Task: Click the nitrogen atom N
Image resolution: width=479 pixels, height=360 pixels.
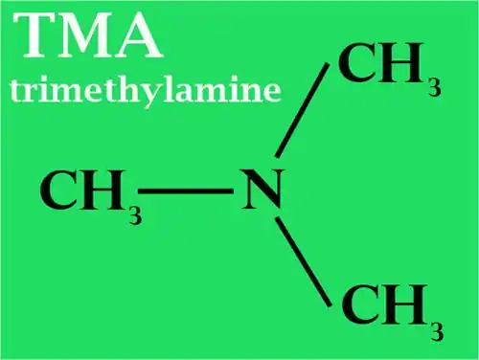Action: (261, 192)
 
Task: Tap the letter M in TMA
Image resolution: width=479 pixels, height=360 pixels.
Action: (91, 38)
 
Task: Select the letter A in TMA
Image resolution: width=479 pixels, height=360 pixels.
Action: (139, 38)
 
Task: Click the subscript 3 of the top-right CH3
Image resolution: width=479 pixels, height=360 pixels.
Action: (434, 87)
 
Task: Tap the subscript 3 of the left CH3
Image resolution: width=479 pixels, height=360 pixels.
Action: (135, 214)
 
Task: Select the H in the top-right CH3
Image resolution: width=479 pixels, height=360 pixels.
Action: (401, 65)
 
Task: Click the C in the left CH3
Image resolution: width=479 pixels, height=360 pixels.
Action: (60, 191)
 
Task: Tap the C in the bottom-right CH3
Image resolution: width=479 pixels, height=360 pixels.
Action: (362, 307)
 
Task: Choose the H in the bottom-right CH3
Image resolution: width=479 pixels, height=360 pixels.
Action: (405, 307)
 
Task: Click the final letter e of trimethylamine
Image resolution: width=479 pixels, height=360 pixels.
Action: (271, 91)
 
